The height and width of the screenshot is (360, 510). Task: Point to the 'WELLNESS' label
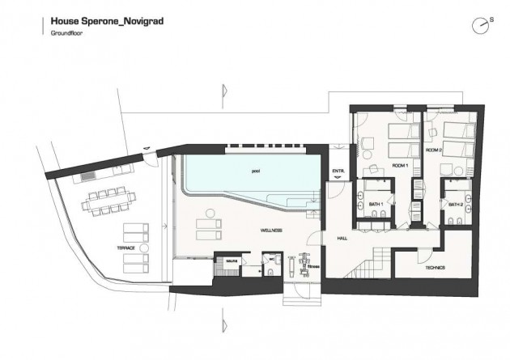point(271,231)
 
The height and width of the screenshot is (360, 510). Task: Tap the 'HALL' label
point(342,238)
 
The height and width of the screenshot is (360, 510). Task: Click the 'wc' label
point(273,260)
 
